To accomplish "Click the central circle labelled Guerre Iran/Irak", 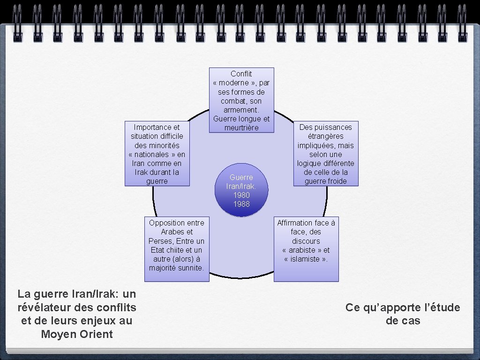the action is [241, 190].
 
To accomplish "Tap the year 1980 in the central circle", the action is [241, 195].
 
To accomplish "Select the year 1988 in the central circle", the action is [241, 204].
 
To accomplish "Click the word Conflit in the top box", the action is [241, 74].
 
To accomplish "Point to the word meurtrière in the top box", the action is [241, 127].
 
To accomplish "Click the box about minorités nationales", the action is [157, 154].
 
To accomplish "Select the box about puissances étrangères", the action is [326, 154].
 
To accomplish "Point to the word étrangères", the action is [326, 136].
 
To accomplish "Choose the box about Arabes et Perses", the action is [177, 248].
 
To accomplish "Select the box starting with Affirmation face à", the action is [306, 248].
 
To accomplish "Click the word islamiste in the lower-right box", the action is [306, 259].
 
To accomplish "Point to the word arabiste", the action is [302, 250].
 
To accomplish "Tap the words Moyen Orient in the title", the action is [77, 334].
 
